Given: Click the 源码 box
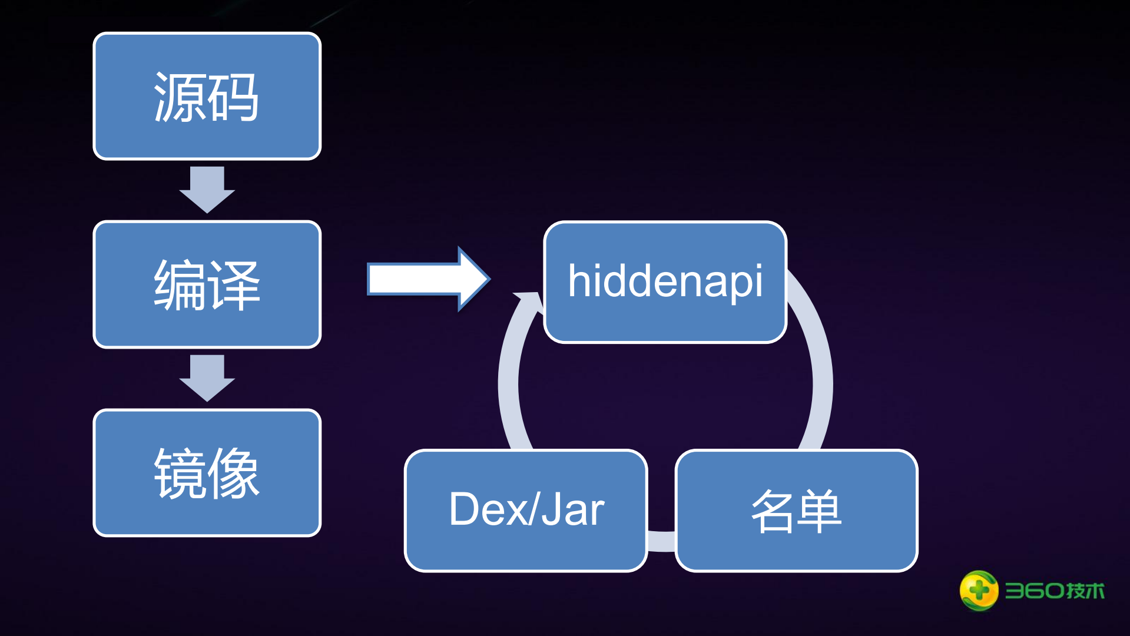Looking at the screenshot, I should coord(207,96).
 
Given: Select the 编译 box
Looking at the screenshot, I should coord(207,284).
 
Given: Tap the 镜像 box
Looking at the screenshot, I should coord(207,473).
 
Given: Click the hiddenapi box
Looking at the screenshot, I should coord(665,281).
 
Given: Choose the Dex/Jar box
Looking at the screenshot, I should coord(526,510).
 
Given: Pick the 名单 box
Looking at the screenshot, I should coord(796,510).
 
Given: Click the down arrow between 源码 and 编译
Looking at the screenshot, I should coord(207,189).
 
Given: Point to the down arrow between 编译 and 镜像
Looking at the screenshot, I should coord(207,377).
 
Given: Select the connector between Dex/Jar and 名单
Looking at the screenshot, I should coord(661,541).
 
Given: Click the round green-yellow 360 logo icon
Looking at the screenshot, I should coord(979,590).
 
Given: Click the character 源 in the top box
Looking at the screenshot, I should coord(180,97).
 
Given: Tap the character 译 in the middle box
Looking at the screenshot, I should coord(234,286).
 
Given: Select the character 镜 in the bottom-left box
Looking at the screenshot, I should coord(180,474).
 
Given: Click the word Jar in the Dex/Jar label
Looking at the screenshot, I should coord(573,510).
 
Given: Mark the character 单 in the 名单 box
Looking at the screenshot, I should coord(820,511).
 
